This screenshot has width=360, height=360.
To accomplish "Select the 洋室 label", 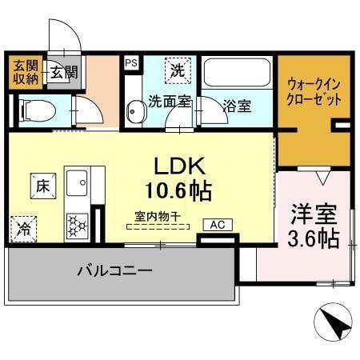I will pos(312,215).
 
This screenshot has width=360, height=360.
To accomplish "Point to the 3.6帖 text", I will pos(312,238).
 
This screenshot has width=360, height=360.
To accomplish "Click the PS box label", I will pos(130,59).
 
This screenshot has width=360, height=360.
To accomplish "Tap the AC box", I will pos(217,226).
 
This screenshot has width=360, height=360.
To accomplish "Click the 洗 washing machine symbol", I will pos(177,70).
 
